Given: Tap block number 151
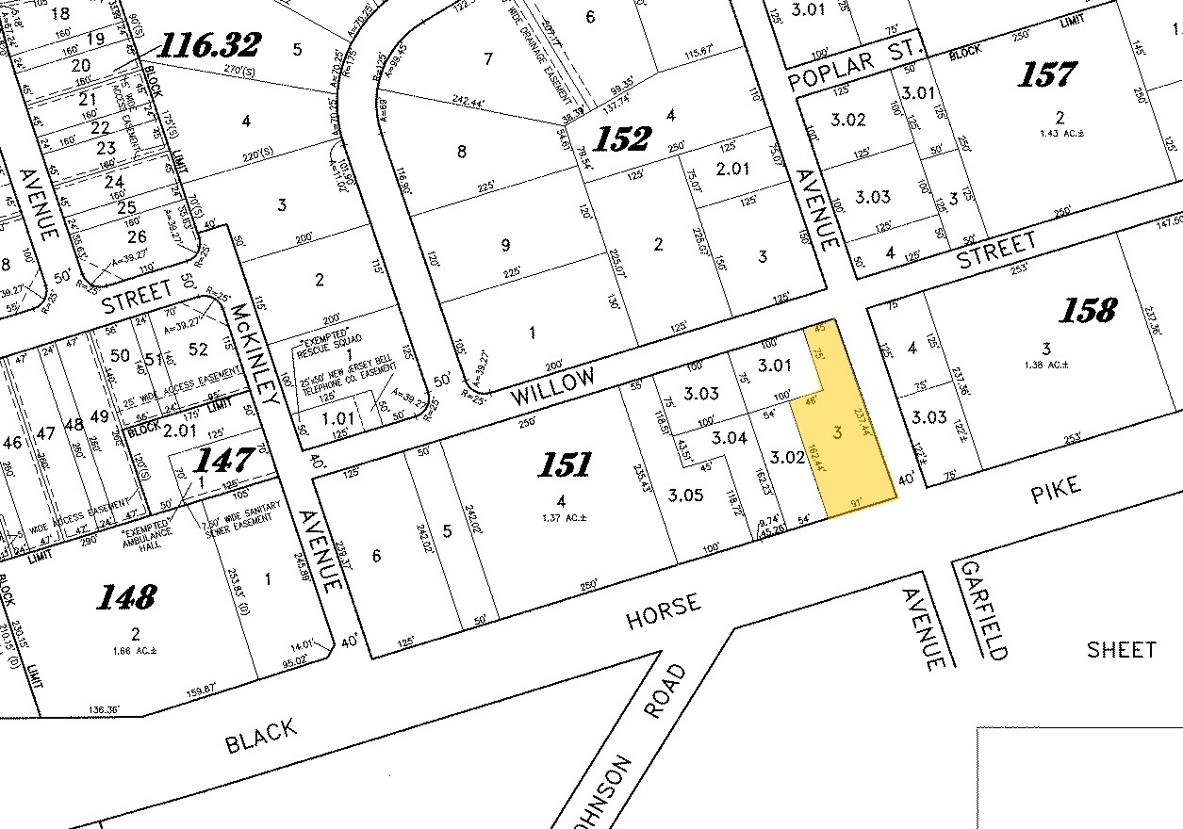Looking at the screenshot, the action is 565,464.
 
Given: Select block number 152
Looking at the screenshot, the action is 623,139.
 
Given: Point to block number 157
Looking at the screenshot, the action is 1048,75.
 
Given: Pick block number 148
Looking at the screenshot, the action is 128,596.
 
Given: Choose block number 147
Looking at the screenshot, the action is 225,460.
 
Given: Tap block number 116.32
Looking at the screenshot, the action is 209,44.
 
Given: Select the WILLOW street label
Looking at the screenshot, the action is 554,387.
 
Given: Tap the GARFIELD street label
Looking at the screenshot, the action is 982,610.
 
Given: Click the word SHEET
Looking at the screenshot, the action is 1121,649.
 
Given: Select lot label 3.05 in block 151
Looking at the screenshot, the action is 685,495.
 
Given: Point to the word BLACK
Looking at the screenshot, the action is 261,737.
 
